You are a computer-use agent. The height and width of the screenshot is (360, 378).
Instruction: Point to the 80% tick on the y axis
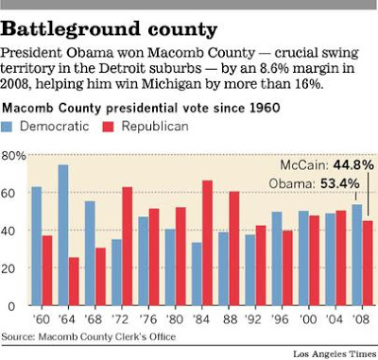[x=16, y=154]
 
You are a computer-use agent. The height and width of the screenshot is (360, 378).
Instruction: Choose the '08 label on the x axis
[x=360, y=319]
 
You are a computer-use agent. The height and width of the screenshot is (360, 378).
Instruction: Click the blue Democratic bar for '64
[x=62, y=235]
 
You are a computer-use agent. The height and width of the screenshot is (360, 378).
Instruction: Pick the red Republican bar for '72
[x=127, y=247]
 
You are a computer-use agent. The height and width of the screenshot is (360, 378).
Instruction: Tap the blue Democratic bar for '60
[x=36, y=247]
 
